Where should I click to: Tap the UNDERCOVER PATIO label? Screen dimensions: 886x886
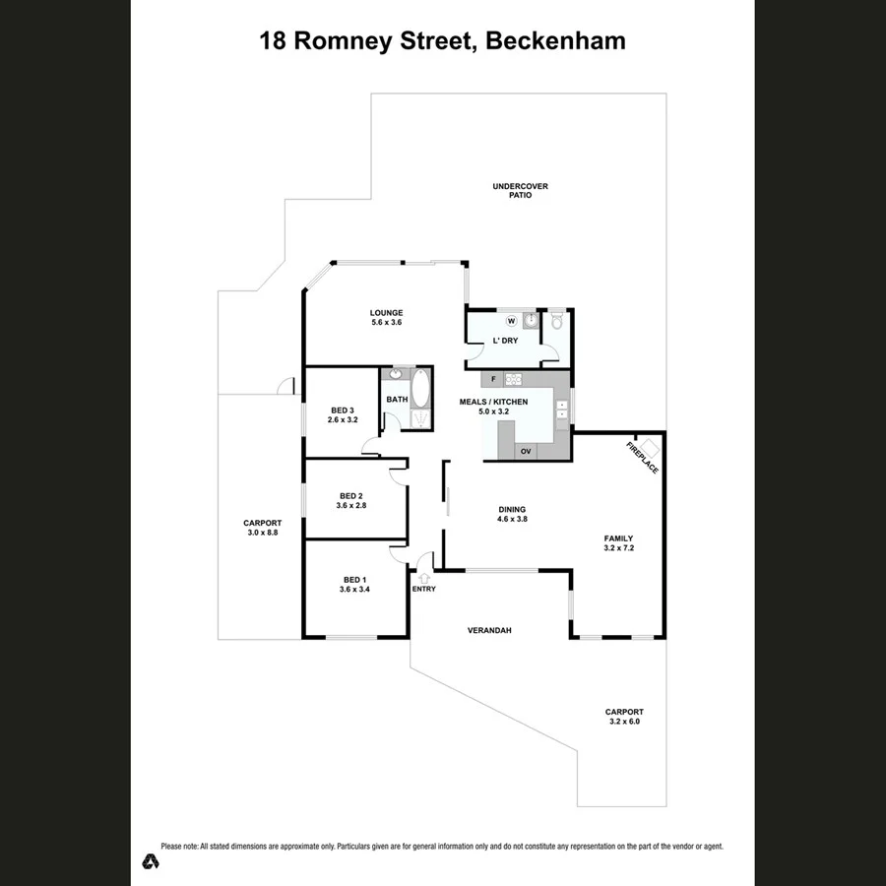point(520,191)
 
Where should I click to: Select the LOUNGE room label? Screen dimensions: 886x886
point(386,313)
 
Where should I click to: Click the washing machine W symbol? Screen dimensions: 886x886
point(511,321)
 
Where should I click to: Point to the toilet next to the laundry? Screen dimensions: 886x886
point(556,320)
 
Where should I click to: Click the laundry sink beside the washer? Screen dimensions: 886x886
point(531,321)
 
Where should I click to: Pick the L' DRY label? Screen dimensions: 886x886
point(505,341)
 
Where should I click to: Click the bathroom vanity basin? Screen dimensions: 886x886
point(397,375)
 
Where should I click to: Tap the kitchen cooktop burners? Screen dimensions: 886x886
point(513,379)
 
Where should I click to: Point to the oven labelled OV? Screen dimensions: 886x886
point(526,451)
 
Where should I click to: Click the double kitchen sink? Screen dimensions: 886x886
point(562,410)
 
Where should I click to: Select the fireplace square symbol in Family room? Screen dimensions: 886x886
point(649,449)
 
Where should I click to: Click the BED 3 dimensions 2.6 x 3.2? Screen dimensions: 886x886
point(343,420)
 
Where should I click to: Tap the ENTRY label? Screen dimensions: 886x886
point(423,589)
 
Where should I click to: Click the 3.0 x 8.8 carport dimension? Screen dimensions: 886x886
point(263,533)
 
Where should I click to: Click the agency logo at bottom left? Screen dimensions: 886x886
point(150,860)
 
